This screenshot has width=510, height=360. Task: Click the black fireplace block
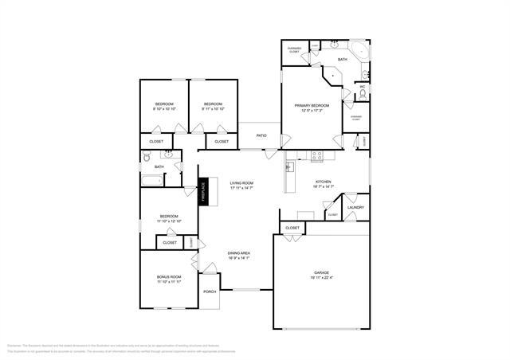click(203, 192)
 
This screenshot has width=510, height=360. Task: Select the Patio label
click(261, 136)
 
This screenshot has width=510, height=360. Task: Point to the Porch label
click(210, 292)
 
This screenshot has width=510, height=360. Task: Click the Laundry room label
click(355, 208)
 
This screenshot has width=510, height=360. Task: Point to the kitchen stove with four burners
click(316, 156)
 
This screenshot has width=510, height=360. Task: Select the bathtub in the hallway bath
click(152, 180)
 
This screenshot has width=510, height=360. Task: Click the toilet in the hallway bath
click(146, 158)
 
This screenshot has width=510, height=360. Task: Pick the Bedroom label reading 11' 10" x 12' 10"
click(169, 218)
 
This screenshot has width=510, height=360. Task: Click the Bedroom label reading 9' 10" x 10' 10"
click(164, 107)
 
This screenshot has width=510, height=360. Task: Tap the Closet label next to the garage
click(292, 228)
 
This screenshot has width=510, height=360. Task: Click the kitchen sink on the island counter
click(290, 167)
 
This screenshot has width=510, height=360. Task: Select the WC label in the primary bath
click(362, 86)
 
